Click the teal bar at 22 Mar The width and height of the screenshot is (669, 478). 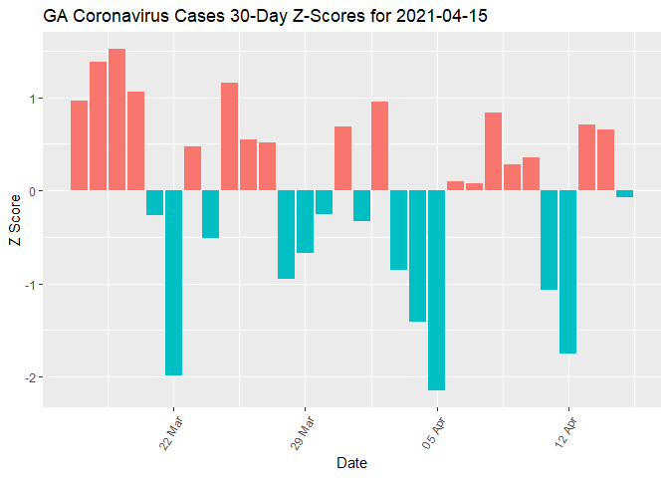click(173, 283)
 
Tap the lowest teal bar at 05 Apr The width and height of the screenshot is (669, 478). click(436, 290)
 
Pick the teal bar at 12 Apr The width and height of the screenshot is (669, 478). click(567, 272)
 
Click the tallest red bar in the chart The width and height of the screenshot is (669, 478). click(116, 119)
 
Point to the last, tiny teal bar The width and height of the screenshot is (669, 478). click(624, 193)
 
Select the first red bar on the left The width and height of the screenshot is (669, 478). click(79, 145)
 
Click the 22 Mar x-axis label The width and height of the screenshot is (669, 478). click(170, 430)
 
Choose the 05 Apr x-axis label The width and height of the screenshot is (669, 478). click(433, 430)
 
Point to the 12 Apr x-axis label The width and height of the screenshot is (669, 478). click(564, 430)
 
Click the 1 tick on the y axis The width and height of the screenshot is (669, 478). click(32, 99)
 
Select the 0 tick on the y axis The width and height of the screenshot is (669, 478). click(32, 191)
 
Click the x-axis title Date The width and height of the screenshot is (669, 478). click(352, 463)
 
